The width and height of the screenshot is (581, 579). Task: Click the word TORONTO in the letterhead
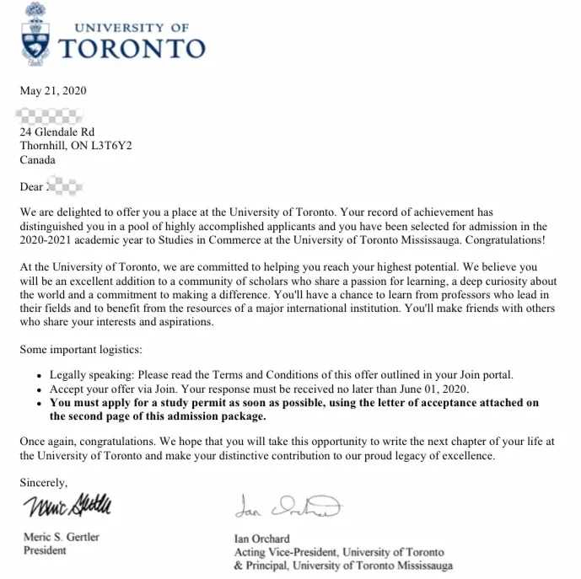coord(133,48)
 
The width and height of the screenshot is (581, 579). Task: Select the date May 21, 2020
coord(53,91)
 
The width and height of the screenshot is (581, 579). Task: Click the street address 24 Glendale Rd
coord(57,132)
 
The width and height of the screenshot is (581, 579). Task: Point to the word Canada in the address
coord(38,159)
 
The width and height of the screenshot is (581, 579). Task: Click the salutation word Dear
coord(31,186)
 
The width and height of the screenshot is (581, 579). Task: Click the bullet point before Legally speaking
coord(40,375)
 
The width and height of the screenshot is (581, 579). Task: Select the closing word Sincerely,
coord(44,483)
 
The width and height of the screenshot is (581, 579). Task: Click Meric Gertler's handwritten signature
coord(67,507)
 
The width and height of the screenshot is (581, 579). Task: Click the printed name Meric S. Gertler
coord(60,537)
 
